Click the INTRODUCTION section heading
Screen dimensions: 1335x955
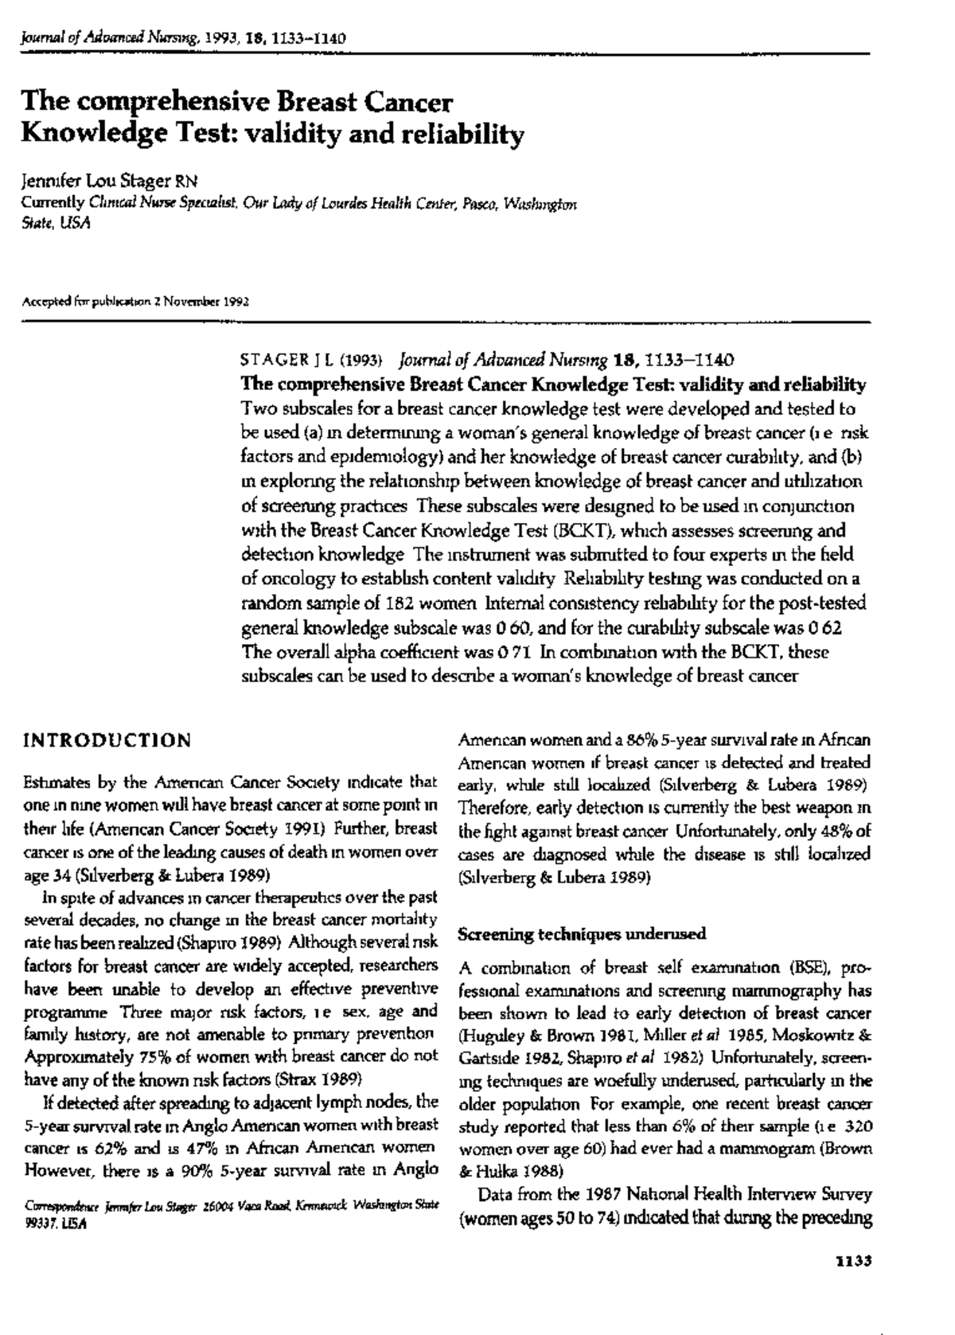click(x=107, y=741)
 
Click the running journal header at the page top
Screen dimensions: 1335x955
click(x=183, y=38)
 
